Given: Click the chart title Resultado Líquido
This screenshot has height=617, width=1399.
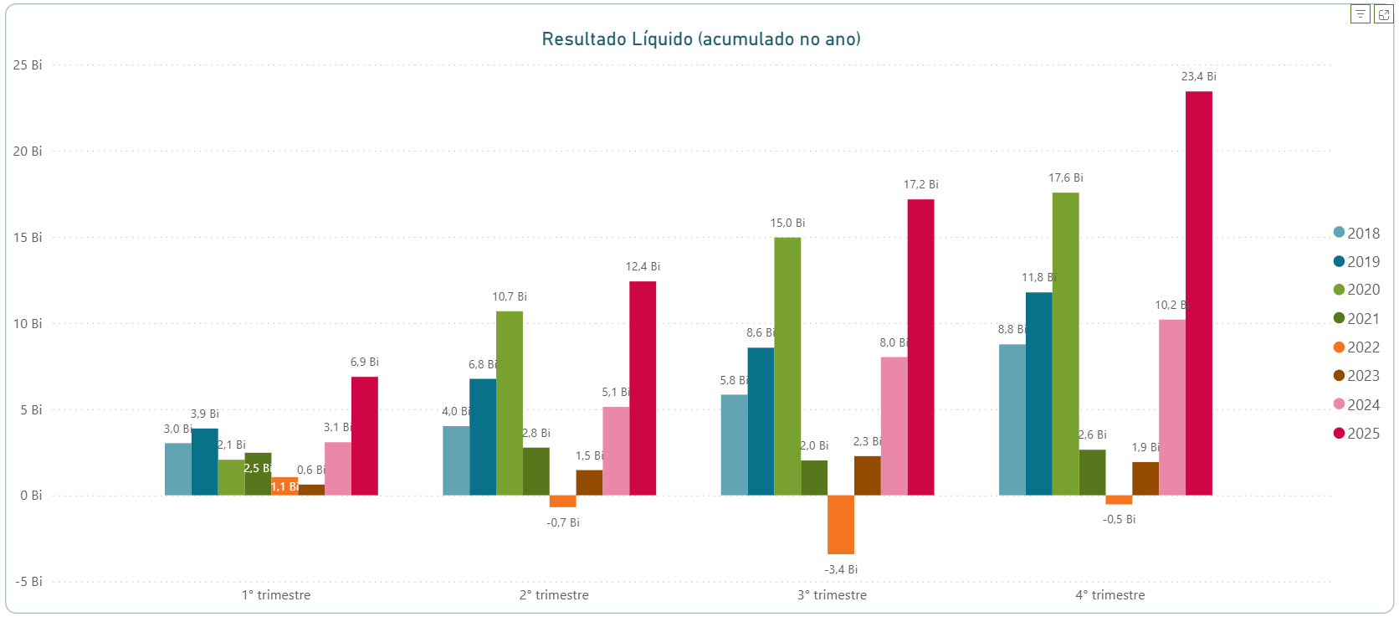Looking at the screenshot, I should tap(700, 39).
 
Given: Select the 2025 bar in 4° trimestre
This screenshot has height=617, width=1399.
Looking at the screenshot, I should tap(1198, 293).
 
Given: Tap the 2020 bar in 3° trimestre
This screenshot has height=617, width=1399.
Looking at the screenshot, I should tap(787, 366).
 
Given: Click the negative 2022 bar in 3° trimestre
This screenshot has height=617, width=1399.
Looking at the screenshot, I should tap(841, 524).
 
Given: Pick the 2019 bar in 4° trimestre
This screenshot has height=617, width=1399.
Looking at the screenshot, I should tap(1038, 393).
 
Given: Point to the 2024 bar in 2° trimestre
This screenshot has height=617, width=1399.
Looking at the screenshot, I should tap(616, 450).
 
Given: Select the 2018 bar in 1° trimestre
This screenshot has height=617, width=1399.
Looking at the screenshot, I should tap(177, 469).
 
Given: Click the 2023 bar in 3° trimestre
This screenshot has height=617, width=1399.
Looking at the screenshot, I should tap(868, 476).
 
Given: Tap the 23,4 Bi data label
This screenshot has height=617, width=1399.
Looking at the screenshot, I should tap(1198, 76).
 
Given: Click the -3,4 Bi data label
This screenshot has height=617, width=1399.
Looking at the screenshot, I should tap(841, 569).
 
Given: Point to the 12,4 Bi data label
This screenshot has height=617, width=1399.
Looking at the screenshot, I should tap(643, 266).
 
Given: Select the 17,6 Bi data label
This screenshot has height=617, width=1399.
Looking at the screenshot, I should tap(1065, 177).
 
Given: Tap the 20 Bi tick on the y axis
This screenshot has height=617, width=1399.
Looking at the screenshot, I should tap(28, 152).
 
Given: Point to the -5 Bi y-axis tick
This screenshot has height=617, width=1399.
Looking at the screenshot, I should tap(28, 582).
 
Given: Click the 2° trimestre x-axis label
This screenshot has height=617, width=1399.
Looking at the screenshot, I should tap(554, 595).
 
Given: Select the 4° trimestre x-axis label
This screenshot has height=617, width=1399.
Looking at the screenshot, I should tap(1110, 595).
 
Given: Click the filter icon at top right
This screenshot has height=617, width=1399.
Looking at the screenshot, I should tap(1360, 14).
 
